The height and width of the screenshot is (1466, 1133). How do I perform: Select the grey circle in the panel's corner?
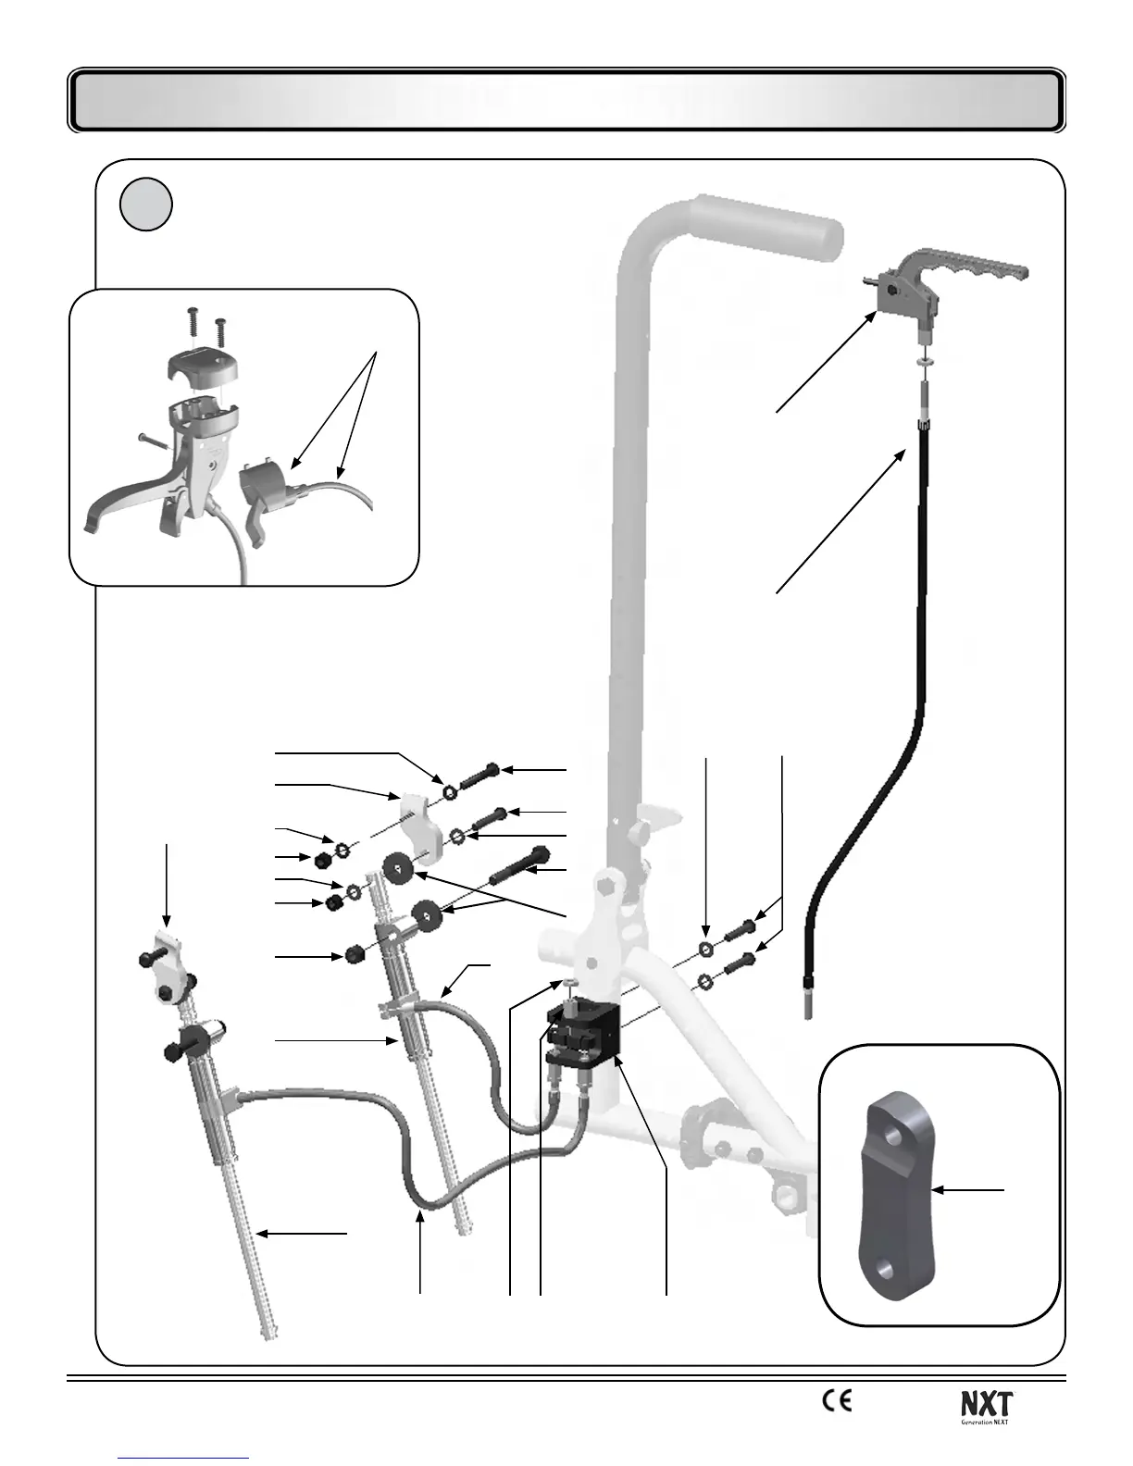tap(146, 205)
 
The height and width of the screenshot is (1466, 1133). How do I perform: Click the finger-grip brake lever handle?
tap(972, 268)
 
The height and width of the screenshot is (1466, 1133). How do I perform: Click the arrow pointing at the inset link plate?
tap(967, 1190)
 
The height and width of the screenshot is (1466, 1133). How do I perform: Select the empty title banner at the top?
tap(566, 100)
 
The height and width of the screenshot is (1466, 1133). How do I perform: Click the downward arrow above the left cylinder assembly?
tap(167, 884)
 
